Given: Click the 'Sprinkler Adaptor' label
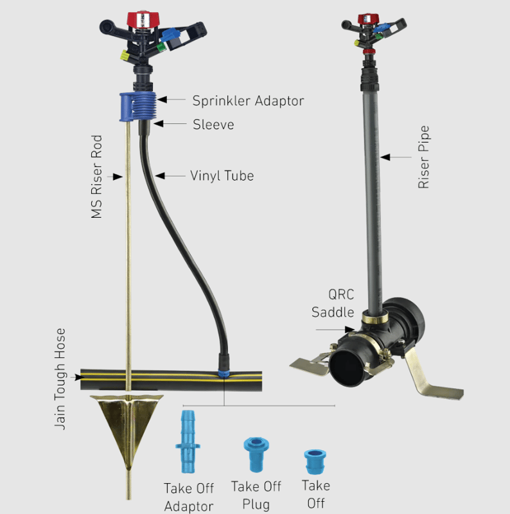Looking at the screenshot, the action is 248,101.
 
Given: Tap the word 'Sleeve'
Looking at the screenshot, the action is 213,125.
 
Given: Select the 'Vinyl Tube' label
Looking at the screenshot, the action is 222,175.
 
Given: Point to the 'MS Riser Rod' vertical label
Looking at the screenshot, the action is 97,176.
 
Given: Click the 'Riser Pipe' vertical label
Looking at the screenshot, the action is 423,157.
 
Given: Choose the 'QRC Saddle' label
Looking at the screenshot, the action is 333,303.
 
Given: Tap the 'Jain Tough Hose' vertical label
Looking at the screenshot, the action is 60,378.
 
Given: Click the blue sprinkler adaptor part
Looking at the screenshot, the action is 138,107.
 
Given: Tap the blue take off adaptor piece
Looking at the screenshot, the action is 188,441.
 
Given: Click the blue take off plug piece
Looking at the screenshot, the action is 256,454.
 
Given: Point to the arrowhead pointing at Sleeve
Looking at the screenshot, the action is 158,123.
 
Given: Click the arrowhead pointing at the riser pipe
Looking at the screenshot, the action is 385,157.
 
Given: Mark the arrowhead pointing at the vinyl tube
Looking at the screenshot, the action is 160,175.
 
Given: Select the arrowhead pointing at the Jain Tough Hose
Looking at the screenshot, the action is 78,377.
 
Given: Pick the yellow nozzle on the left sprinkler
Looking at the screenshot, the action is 125,55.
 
